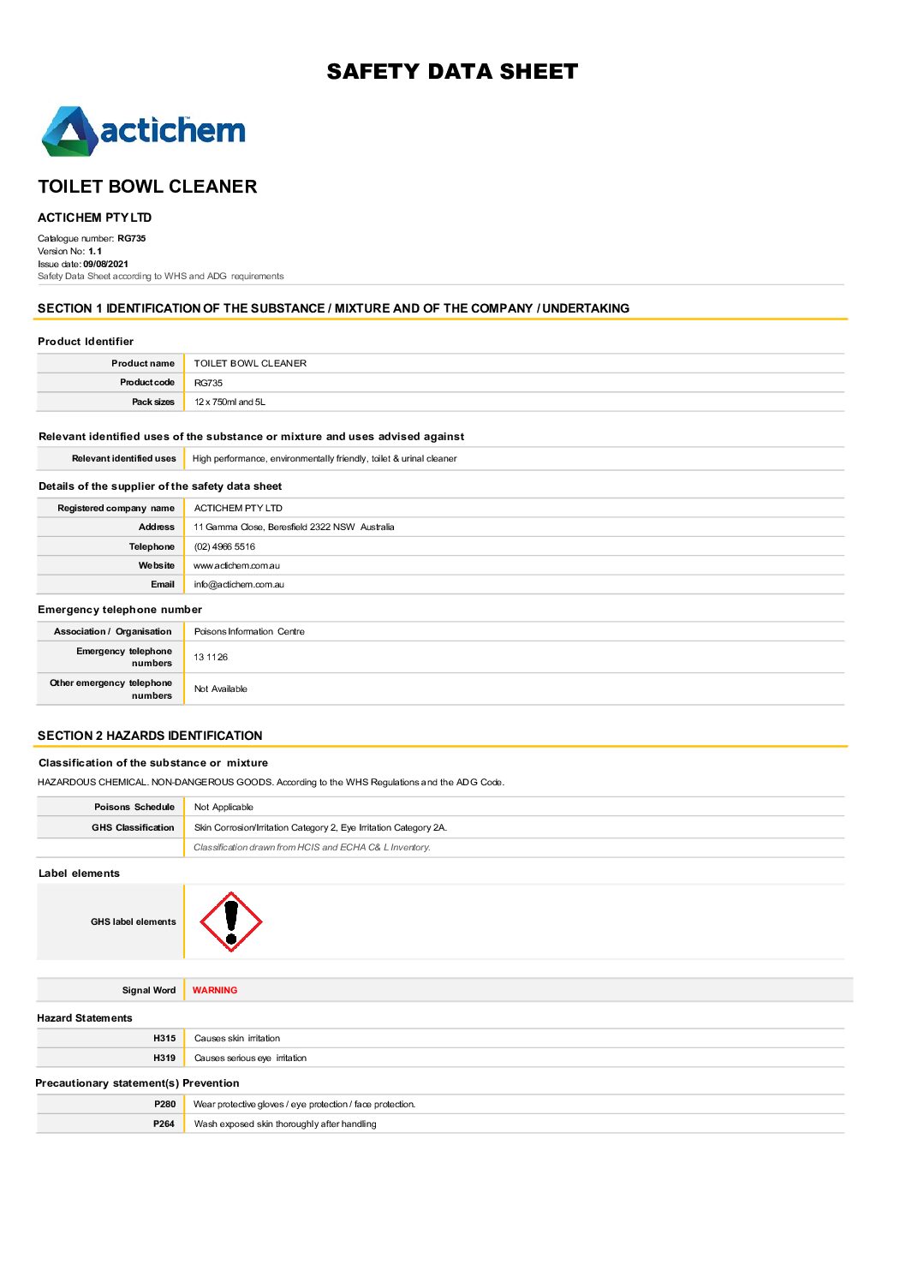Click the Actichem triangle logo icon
pyautogui.click(x=69, y=132)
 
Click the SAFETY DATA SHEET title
pyautogui.click(x=452, y=72)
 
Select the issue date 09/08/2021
pyautogui.click(x=105, y=264)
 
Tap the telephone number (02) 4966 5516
pyautogui.click(x=224, y=546)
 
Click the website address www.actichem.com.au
pyautogui.click(x=236, y=565)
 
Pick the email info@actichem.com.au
pyautogui.click(x=239, y=584)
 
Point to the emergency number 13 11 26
pyautogui.click(x=211, y=657)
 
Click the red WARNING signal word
pyautogui.click(x=215, y=990)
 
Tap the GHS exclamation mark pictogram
pyautogui.click(x=230, y=921)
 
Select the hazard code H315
pyautogui.click(x=164, y=1038)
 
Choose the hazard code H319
pyautogui.click(x=164, y=1058)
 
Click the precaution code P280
pyautogui.click(x=164, y=1104)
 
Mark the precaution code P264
pyautogui.click(x=164, y=1124)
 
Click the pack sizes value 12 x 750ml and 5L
pyautogui.click(x=229, y=402)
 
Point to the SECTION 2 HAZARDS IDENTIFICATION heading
pyautogui.click(x=150, y=736)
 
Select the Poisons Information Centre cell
pyautogui.click(x=249, y=631)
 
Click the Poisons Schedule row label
pyautogui.click(x=134, y=807)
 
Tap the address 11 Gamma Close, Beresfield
pyautogui.click(x=294, y=527)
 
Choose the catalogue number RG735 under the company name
pyautogui.click(x=132, y=238)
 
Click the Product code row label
pyautogui.click(x=147, y=382)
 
